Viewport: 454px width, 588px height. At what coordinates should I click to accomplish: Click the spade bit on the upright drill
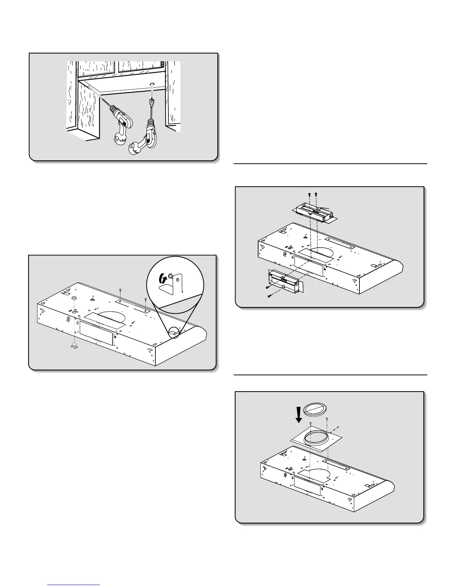pyautogui.click(x=151, y=102)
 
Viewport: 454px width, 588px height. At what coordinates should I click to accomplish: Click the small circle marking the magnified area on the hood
pyautogui.click(x=174, y=332)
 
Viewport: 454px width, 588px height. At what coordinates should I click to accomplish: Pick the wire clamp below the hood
pyautogui.click(x=75, y=346)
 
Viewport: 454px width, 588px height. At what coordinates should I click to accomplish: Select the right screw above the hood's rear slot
pyautogui.click(x=145, y=298)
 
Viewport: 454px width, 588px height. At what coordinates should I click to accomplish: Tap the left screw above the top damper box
pyautogui.click(x=309, y=194)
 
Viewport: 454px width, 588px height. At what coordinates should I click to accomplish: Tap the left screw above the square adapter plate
pyautogui.click(x=311, y=424)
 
